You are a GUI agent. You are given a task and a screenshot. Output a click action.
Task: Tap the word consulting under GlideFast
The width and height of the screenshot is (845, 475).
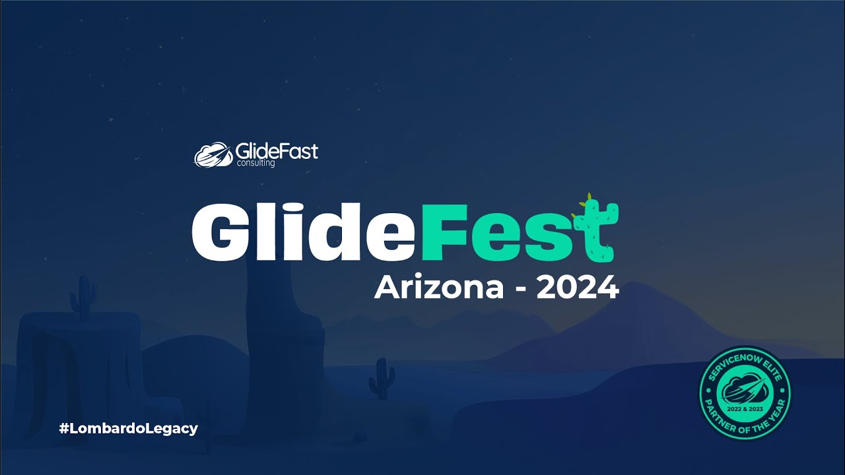coord(255,163)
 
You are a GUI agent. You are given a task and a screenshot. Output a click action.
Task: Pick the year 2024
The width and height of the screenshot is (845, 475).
coord(577,288)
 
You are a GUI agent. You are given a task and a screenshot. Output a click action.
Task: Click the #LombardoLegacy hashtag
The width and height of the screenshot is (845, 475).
coord(128,428)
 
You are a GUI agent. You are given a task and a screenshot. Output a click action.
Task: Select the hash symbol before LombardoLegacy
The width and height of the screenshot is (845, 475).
coord(64,428)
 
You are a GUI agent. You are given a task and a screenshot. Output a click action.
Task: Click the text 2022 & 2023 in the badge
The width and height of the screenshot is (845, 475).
coord(744,410)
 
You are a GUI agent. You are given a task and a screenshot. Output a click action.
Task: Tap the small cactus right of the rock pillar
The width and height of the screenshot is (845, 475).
coord(382,379)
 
